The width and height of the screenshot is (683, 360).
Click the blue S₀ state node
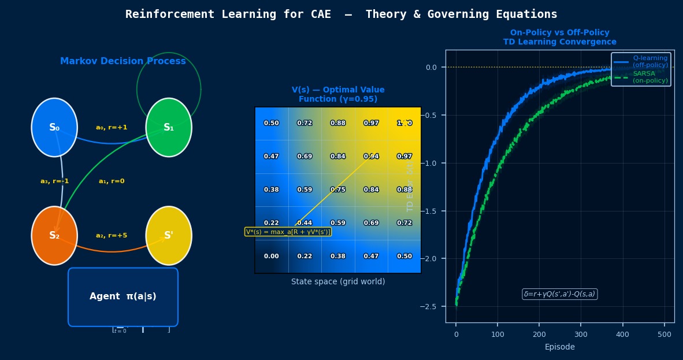54,128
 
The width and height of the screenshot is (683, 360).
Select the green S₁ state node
169,128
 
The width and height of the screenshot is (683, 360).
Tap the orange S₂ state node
54,236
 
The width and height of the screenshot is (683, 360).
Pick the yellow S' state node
169,236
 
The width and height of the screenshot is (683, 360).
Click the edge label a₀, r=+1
112,128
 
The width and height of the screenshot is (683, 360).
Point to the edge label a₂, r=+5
112,236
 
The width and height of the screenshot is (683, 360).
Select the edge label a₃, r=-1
55,181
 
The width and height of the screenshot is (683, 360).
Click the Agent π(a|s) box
123,296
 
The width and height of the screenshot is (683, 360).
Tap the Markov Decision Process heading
123,61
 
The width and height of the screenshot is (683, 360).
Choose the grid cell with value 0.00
272,257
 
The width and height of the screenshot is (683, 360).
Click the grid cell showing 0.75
338,190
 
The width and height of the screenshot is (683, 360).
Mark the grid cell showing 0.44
305,223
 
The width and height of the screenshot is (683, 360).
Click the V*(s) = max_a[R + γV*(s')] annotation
288,232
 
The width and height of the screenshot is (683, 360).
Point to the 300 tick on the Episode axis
581,335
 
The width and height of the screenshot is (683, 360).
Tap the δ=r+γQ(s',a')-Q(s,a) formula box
559,294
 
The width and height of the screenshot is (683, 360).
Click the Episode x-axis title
559,347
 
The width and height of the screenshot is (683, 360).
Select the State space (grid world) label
338,282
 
